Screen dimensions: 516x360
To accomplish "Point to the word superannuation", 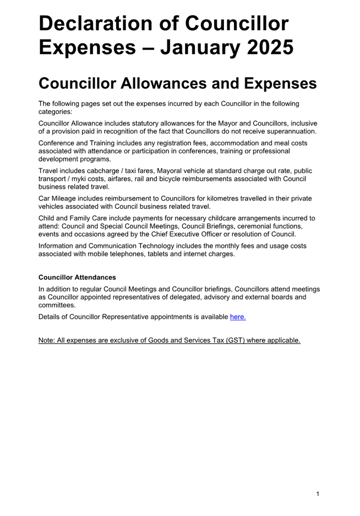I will pos(291,132).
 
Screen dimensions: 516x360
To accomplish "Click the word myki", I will pos(79,179).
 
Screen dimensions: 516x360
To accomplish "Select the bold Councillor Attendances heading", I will pos(77,277).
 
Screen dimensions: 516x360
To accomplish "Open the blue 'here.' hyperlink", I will pos(238,317).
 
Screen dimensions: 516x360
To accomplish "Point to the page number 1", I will pos(318,494).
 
